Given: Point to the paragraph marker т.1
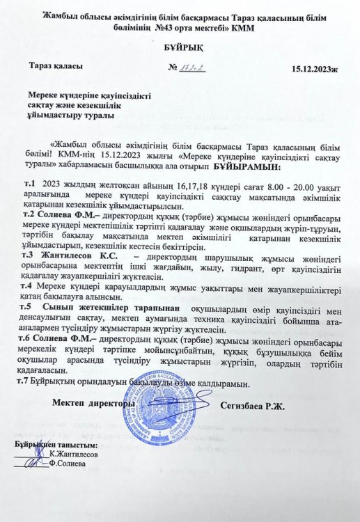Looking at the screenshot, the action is point(29,183).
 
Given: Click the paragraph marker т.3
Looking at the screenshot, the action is point(29,255).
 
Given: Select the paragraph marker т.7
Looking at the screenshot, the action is point(29,384).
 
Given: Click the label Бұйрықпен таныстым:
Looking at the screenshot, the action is point(56,444).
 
